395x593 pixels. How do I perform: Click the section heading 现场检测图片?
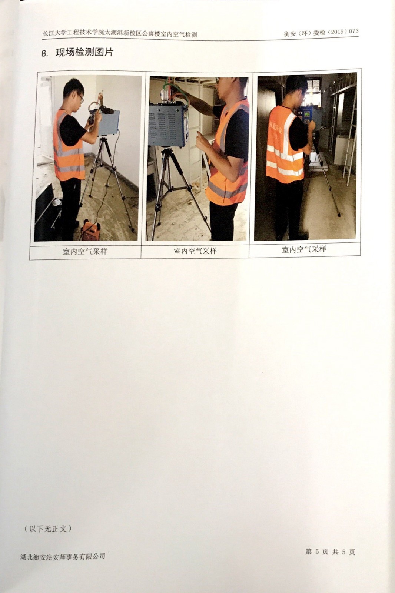pyautogui.click(x=84, y=52)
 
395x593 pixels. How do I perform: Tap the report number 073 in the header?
pyautogui.click(x=354, y=31)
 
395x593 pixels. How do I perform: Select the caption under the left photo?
pyautogui.click(x=85, y=251)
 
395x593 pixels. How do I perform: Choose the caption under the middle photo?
pyautogui.click(x=195, y=251)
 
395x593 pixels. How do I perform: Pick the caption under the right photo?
pyautogui.click(x=304, y=249)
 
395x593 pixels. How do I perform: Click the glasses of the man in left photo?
pyautogui.click(x=81, y=98)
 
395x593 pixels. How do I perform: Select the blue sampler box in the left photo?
pyautogui.click(x=109, y=123)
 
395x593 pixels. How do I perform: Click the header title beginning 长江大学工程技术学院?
pyautogui.click(x=120, y=34)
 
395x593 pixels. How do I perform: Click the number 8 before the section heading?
pyautogui.click(x=44, y=53)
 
